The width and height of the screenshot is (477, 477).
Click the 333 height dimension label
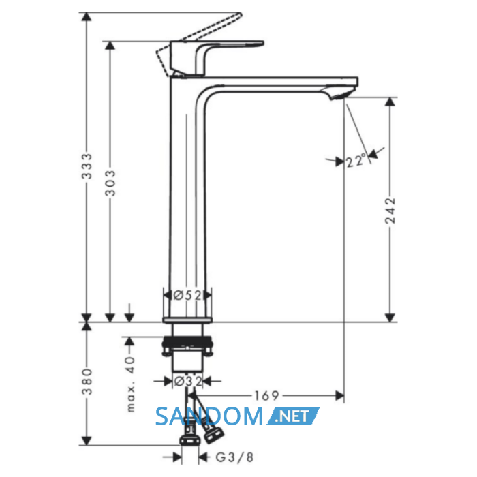tap(87, 166)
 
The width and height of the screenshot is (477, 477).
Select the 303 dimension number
tap(110, 183)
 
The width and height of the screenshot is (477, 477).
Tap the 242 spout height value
tap(390, 211)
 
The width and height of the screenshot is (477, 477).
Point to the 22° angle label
tap(356, 160)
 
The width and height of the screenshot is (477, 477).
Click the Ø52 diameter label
tap(187, 295)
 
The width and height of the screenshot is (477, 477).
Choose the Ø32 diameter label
tap(187, 381)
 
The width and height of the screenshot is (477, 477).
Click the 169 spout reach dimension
tap(267, 396)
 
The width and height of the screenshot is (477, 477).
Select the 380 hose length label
tap(87, 382)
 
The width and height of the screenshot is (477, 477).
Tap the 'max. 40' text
tap(130, 384)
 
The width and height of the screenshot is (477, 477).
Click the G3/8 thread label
tap(234, 457)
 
